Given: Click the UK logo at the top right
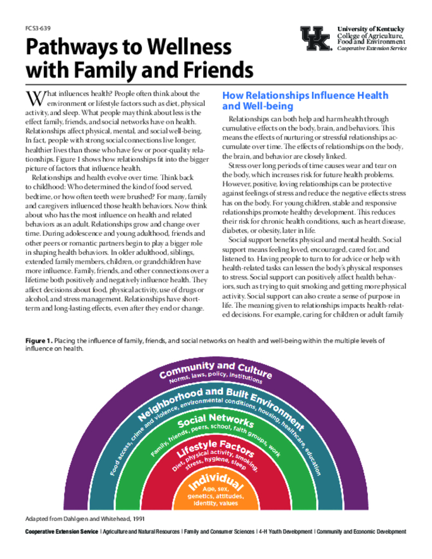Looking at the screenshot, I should tap(315, 38).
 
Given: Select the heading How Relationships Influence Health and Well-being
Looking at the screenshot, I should tap(305, 100).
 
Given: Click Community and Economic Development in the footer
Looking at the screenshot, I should tap(361, 531).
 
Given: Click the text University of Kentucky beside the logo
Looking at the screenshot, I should tap(371, 29).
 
